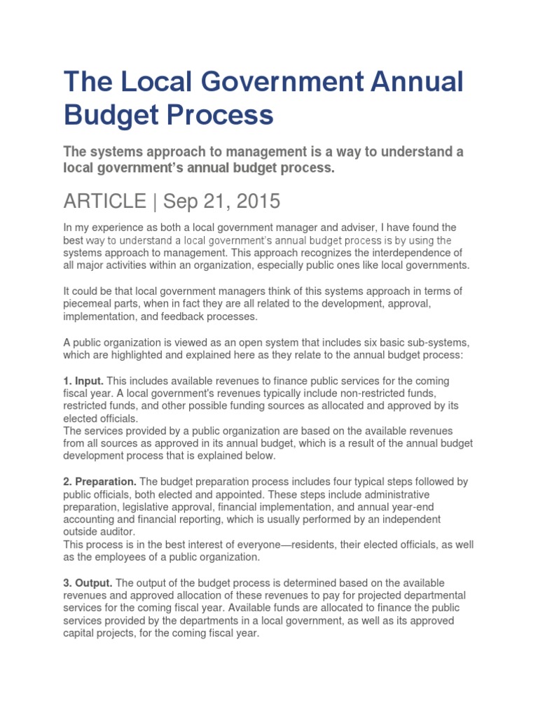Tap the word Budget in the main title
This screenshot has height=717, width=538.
[108, 114]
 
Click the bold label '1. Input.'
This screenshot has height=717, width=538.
[84, 380]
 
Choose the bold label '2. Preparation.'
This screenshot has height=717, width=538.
[100, 482]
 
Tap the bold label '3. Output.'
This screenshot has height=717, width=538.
[88, 583]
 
